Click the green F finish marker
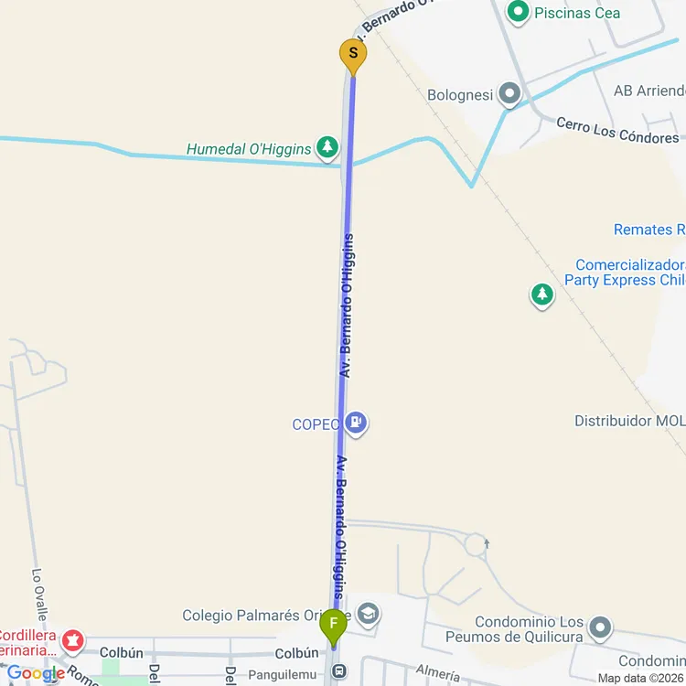(333, 627)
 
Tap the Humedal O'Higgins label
(249, 148)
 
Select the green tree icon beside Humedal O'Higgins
(327, 146)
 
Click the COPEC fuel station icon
(357, 423)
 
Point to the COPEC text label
(316, 423)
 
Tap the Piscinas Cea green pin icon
(519, 12)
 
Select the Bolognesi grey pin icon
(509, 93)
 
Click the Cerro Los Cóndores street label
(617, 131)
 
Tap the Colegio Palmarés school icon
(369, 614)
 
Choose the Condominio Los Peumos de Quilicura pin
(600, 627)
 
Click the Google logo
(36, 674)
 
